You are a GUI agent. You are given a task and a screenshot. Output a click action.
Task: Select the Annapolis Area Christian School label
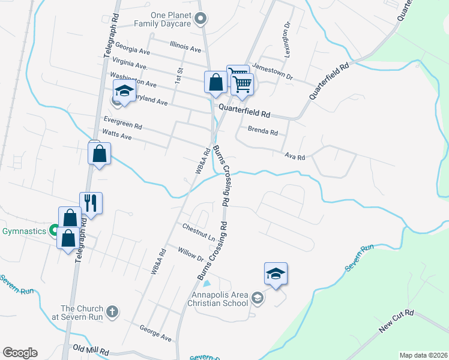(x=220, y=299)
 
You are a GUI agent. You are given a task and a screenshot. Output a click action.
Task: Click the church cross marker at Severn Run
(x=112, y=311)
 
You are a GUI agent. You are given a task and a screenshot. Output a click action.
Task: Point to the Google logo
(x=20, y=353)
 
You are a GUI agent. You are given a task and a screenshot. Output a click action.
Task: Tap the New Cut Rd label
(x=397, y=322)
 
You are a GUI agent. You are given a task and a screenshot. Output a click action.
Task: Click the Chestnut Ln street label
(x=199, y=232)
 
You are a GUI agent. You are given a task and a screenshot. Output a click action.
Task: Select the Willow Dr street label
(x=191, y=254)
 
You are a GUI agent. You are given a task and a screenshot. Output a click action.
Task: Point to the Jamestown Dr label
(x=273, y=72)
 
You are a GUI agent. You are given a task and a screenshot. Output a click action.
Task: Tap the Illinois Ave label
(x=185, y=46)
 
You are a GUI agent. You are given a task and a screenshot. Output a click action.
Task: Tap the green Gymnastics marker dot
(x=53, y=230)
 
